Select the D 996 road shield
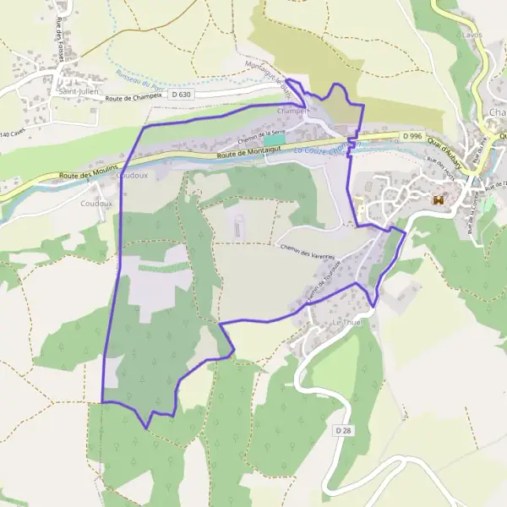tap(412, 136)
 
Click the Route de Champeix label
tap(134, 98)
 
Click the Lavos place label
tap(471, 35)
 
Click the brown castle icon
tap(438, 200)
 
